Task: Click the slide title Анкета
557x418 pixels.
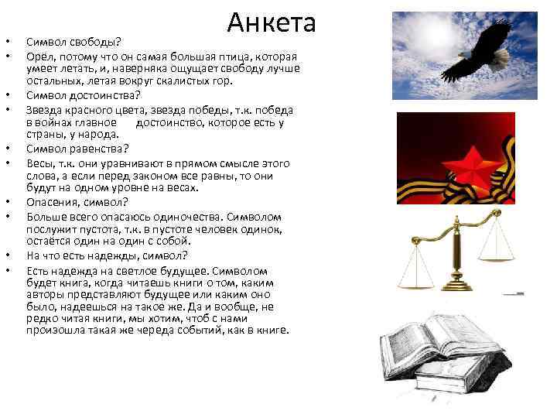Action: coord(272,22)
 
